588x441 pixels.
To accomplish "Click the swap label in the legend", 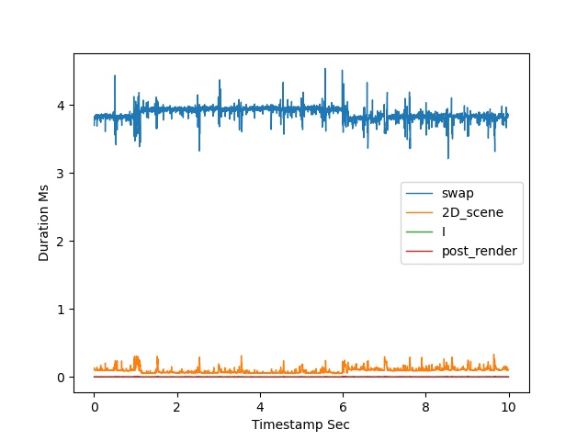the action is (x=458, y=194).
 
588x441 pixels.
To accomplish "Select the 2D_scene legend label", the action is (x=472, y=212).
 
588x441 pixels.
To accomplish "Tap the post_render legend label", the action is (x=480, y=251).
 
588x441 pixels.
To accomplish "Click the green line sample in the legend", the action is (x=420, y=232).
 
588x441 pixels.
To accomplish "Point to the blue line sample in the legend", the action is (x=420, y=194).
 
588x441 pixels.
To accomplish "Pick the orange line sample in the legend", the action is (x=420, y=212).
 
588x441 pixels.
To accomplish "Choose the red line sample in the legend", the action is (x=420, y=251).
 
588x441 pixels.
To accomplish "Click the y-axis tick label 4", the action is (x=61, y=106).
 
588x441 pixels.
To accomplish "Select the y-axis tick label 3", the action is (x=61, y=174).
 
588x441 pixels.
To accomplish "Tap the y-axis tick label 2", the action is (x=61, y=241).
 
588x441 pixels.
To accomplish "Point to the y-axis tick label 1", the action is (x=61, y=310).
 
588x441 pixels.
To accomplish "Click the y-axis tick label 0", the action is (x=61, y=378).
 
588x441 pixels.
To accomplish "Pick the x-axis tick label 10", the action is (x=508, y=407).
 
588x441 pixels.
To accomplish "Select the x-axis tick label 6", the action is (x=343, y=407).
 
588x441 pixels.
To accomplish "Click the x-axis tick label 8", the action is (x=425, y=407).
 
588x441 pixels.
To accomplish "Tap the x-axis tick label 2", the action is (x=177, y=407).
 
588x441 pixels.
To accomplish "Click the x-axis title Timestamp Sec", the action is (x=300, y=424).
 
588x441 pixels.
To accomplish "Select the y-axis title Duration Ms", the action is (x=43, y=223).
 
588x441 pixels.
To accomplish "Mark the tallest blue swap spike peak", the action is (x=325, y=69).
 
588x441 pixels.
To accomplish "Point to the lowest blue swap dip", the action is (x=448, y=158).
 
